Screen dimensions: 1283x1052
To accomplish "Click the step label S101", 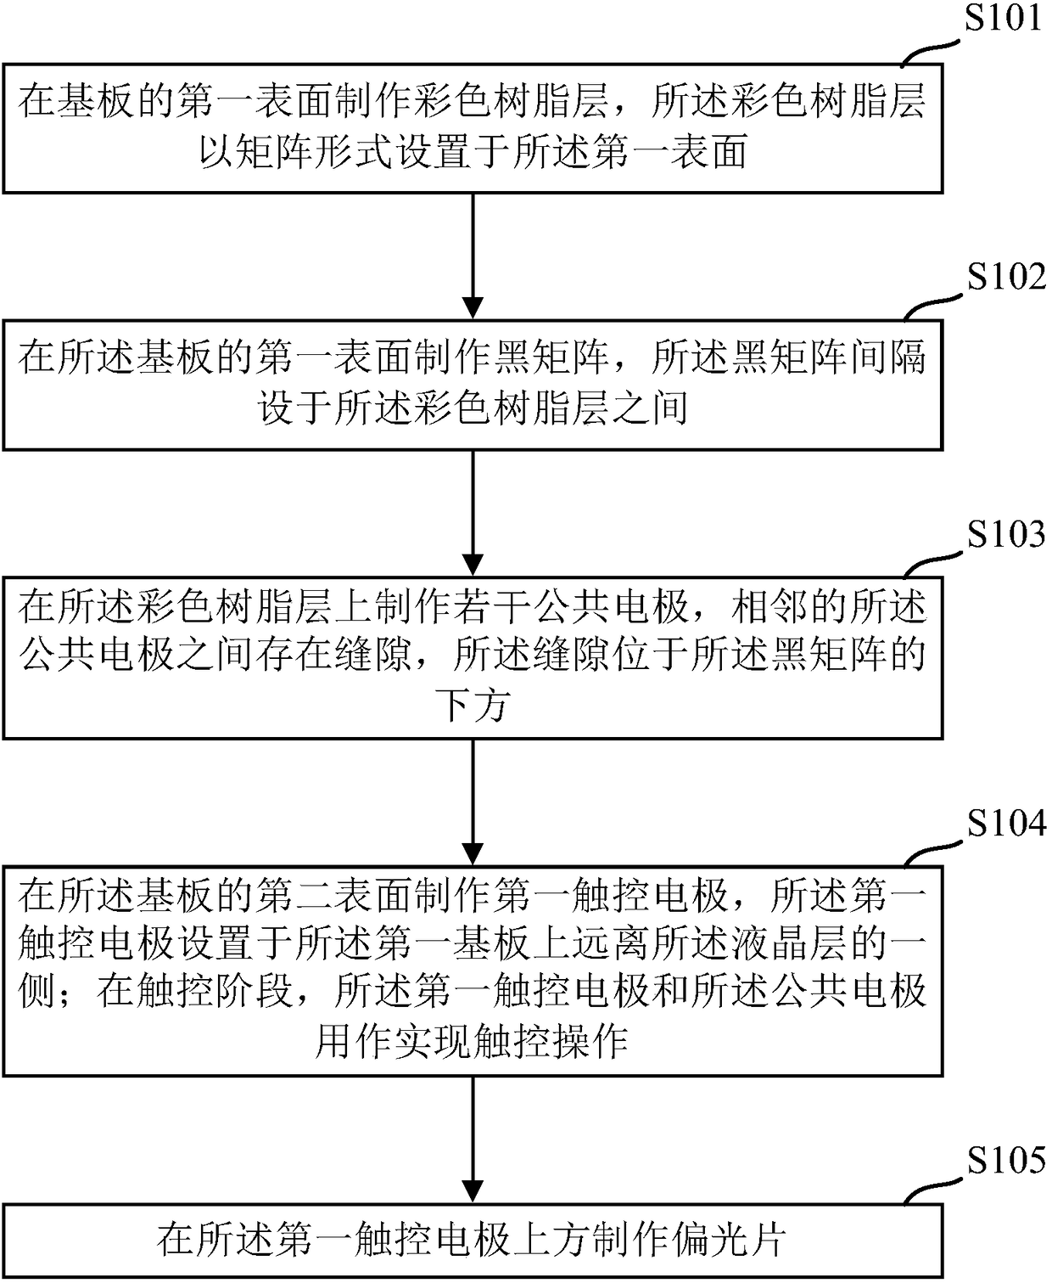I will (x=1004, y=19).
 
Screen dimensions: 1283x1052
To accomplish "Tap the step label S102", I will (x=1007, y=277).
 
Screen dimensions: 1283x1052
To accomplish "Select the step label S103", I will (x=1007, y=534).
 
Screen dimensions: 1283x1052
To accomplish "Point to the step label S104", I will (x=1007, y=823).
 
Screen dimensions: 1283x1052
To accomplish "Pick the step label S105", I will (x=1007, y=1160).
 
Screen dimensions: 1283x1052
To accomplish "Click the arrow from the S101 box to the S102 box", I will (x=473, y=256).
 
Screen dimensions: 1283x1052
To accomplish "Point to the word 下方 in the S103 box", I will (x=473, y=706).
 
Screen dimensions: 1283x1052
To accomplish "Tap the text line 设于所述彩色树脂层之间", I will (x=473, y=409).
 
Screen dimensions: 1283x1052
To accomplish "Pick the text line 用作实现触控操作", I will (x=473, y=1041).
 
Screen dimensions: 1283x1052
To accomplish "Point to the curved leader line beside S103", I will (x=933, y=561).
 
